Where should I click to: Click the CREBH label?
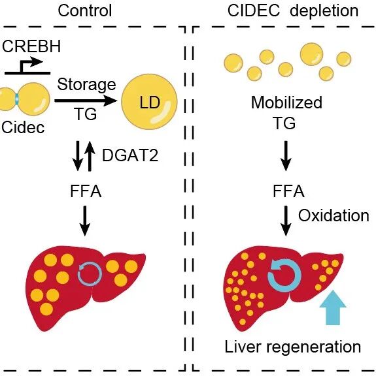click(31, 46)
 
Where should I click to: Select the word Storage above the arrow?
click(86, 85)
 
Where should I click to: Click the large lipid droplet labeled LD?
click(150, 102)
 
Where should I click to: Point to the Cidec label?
click(23, 127)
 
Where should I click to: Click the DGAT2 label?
click(130, 155)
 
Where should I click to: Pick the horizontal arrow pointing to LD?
click(86, 101)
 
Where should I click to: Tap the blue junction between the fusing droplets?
click(17, 99)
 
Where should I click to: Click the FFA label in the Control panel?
click(86, 191)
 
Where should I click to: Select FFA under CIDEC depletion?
click(288, 191)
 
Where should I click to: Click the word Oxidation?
click(333, 215)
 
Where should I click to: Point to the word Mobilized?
click(286, 102)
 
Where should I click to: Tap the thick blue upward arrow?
click(333, 307)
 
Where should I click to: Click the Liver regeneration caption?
click(293, 347)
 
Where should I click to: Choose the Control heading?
click(85, 11)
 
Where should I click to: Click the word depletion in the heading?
click(324, 12)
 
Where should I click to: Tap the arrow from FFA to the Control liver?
click(85, 221)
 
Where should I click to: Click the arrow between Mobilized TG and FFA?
click(286, 156)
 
